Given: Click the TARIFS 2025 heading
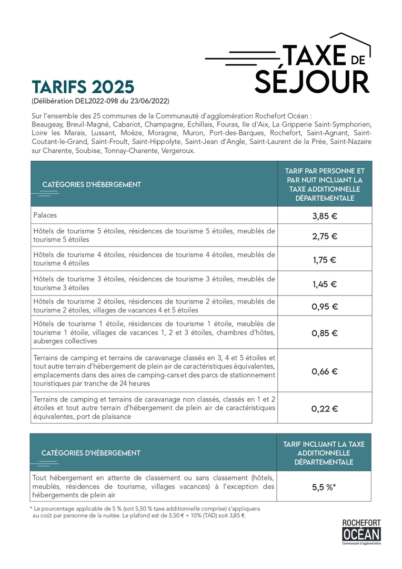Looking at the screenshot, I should pyautogui.click(x=83, y=87).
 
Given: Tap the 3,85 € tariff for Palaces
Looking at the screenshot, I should pyautogui.click(x=325, y=215).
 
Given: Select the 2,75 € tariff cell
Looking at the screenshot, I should pyautogui.click(x=325, y=236).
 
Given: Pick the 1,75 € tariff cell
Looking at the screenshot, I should pyautogui.click(x=325, y=259).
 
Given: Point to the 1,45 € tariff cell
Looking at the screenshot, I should pyautogui.click(x=325, y=284).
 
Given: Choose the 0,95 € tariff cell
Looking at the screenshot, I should pyautogui.click(x=325, y=307).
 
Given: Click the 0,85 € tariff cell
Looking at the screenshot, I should pyautogui.click(x=325, y=333).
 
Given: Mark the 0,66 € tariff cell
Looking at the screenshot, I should pyautogui.click(x=325, y=371).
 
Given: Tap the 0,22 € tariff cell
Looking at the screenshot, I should pyautogui.click(x=325, y=408).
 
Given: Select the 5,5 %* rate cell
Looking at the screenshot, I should pyautogui.click(x=324, y=487).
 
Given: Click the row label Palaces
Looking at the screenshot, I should pyautogui.click(x=45, y=215).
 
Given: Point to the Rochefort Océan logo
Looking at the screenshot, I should pyautogui.click(x=361, y=531).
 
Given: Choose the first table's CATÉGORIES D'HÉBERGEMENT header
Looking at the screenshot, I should pyautogui.click(x=91, y=184).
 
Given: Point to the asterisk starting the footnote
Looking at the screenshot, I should pyautogui.click(x=31, y=508).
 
